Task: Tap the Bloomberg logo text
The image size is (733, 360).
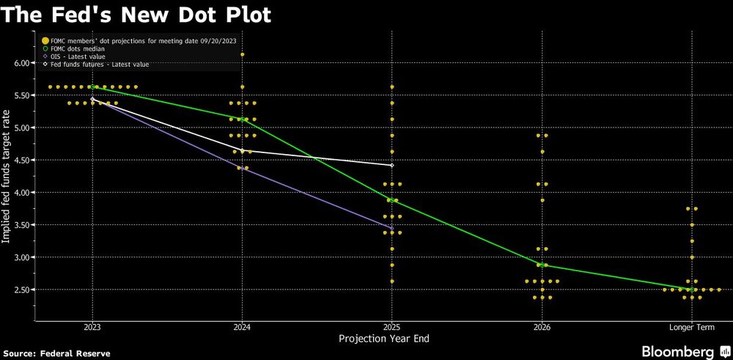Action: coord(677,351)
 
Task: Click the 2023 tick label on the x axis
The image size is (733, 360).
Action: coord(92,327)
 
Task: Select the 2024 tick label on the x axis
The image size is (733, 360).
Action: coord(243,327)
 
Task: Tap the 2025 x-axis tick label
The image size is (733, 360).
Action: coord(392,327)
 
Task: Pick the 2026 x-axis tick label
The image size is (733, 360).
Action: coord(542,327)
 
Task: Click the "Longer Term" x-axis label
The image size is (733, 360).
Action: coord(691,327)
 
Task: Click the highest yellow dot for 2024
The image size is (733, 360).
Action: coord(243,54)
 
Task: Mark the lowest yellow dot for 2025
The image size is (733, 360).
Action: coord(392,281)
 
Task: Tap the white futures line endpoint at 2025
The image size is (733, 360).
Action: coord(392,166)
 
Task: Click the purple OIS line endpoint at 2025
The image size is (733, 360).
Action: coord(392,229)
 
